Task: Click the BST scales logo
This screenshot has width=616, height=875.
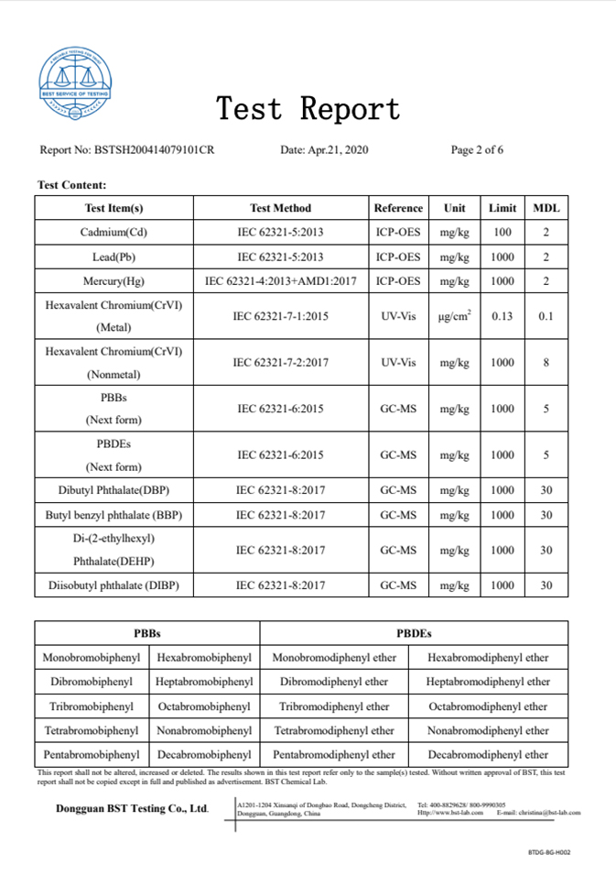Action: tap(75, 85)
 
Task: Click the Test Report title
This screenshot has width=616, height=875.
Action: tap(308, 109)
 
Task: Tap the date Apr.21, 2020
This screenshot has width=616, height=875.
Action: tap(324, 150)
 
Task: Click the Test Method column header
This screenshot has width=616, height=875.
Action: tap(280, 208)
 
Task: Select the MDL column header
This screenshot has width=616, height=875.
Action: tap(546, 208)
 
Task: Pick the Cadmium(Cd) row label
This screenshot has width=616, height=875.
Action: tap(113, 233)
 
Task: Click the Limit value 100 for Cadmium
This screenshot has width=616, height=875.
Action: tap(503, 233)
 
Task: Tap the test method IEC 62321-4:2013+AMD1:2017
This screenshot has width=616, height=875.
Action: tap(280, 281)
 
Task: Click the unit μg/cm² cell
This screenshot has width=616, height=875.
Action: tap(454, 317)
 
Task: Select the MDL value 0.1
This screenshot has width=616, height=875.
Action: tap(546, 317)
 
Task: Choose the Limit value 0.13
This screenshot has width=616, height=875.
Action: tap(503, 317)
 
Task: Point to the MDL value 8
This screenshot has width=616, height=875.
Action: tap(546, 363)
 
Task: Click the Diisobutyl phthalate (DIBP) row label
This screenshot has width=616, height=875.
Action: tap(113, 585)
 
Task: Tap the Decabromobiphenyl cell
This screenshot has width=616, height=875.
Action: tap(204, 755)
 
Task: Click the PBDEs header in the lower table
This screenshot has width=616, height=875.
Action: tap(414, 633)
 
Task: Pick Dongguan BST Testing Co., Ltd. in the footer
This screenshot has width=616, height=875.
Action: tap(132, 809)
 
